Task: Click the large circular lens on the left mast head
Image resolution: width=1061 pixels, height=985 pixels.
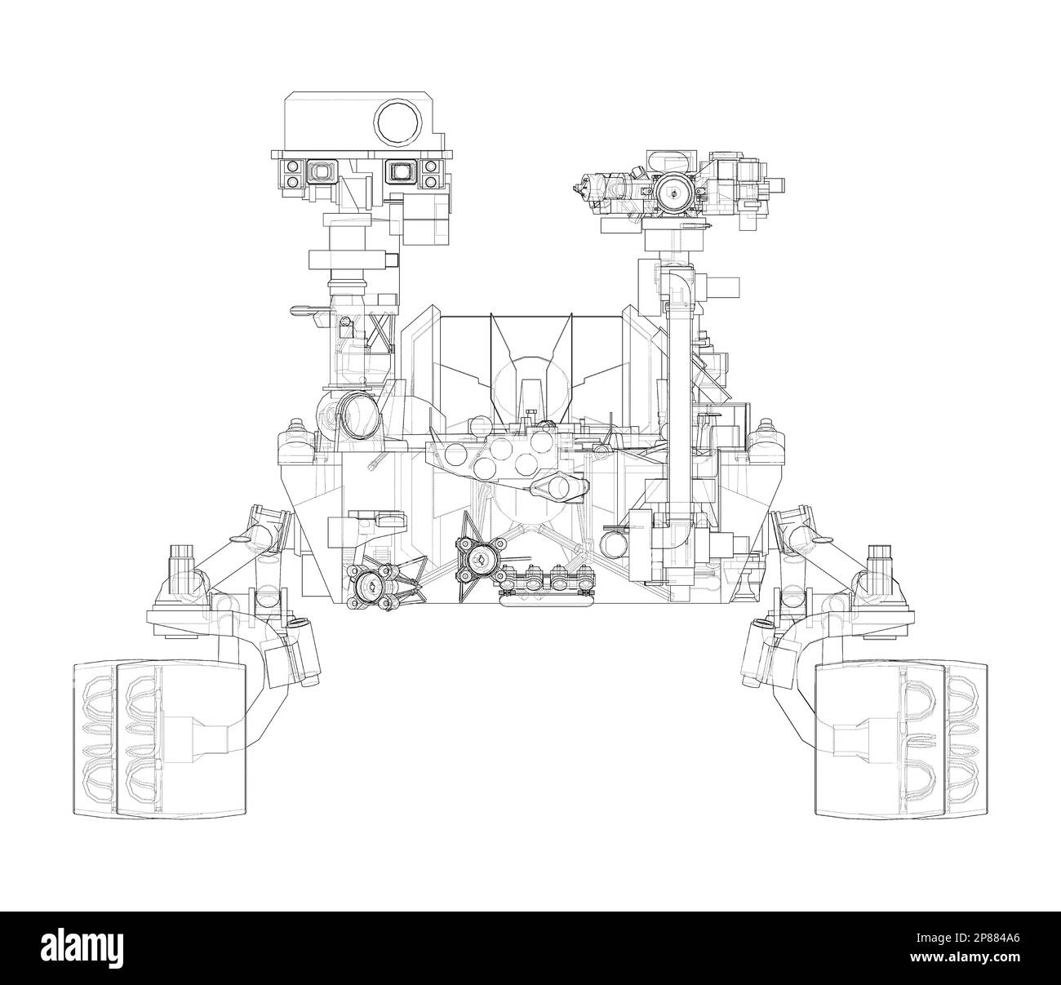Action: pos(398,123)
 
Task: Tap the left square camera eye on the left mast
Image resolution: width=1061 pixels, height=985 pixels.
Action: pos(320,172)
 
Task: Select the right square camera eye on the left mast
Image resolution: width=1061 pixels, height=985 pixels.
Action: pos(400,172)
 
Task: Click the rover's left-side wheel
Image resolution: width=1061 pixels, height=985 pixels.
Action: pos(158,738)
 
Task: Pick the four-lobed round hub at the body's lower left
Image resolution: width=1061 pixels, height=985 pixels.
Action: pos(371,585)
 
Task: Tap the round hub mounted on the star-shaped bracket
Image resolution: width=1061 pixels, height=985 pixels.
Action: pos(478,559)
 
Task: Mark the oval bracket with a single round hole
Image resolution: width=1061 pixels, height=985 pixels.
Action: pos(558,487)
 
